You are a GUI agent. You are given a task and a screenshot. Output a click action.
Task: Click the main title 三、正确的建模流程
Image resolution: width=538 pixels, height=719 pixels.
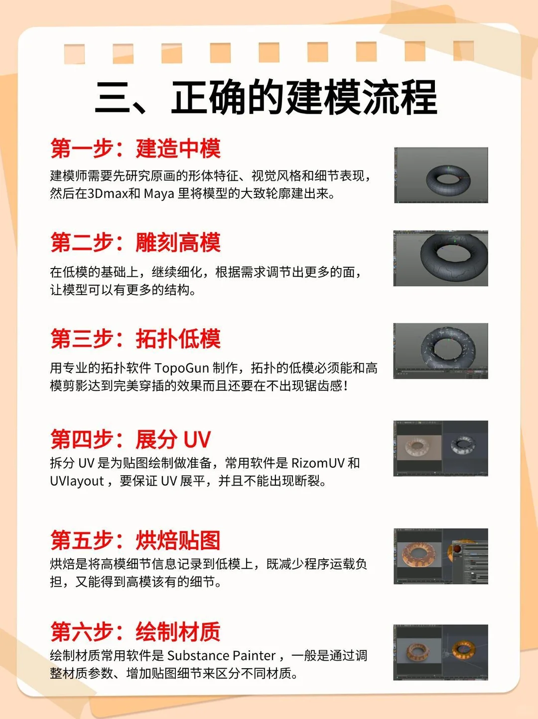tap(266, 97)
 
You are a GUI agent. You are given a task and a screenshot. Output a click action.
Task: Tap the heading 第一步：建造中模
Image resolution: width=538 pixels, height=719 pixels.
tap(135, 148)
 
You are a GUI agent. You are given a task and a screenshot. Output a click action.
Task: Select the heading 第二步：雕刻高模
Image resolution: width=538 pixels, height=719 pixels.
tap(135, 242)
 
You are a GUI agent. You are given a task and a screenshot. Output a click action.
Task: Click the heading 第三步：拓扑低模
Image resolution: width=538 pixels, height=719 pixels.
tap(135, 339)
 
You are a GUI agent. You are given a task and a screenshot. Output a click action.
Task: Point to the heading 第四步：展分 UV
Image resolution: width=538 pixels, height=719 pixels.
tap(131, 439)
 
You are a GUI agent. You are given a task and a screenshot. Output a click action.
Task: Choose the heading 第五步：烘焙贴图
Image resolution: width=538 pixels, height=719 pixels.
tap(135, 540)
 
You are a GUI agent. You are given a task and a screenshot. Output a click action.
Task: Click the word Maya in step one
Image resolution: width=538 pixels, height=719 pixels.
tap(159, 194)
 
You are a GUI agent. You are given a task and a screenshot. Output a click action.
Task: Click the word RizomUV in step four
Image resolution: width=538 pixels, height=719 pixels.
tap(318, 463)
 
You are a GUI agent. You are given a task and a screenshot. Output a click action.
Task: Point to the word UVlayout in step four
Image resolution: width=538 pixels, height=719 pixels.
tap(77, 481)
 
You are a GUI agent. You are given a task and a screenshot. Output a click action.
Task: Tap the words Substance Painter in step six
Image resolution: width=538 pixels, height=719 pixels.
tap(221, 656)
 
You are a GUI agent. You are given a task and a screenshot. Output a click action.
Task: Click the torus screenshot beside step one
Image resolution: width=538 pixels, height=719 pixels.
tap(441, 175)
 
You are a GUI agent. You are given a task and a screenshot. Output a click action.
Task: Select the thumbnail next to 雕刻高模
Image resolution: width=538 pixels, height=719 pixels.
tap(441, 258)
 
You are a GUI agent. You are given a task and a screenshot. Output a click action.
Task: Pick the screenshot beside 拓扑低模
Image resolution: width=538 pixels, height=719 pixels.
tap(441, 351)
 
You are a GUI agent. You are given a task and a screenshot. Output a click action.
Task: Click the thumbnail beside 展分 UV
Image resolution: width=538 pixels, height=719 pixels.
tap(441, 448)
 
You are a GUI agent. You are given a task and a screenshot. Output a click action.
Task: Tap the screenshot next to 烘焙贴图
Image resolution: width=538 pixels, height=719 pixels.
tap(441, 556)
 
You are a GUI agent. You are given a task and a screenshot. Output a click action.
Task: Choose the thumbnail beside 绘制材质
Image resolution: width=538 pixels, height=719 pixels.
tap(441, 653)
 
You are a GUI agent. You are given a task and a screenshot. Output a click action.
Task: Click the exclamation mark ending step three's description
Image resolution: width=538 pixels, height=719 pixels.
tap(346, 386)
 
